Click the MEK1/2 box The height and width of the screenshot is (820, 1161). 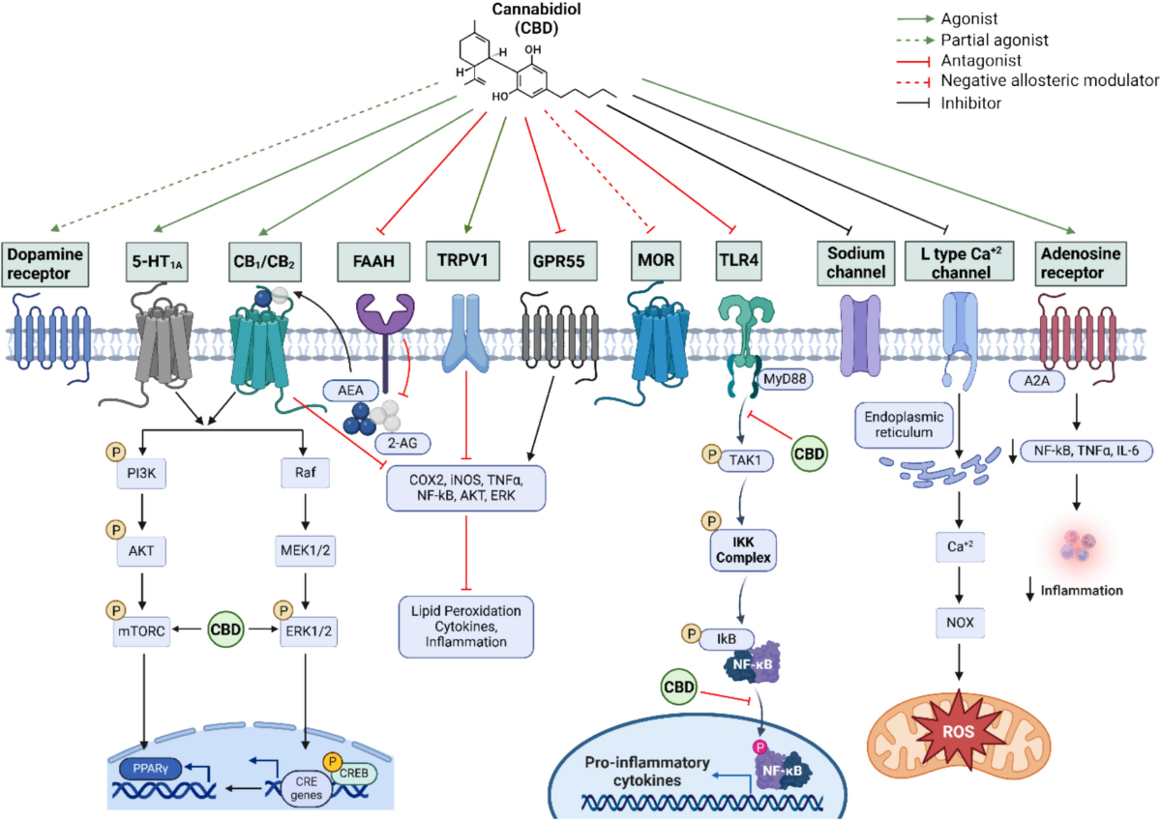304,556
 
